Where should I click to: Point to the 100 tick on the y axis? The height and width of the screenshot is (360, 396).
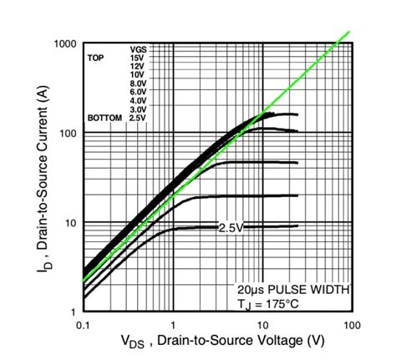tap(66, 134)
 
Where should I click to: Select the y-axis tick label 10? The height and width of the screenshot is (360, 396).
tap(69, 223)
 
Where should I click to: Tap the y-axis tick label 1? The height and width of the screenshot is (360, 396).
tap(73, 312)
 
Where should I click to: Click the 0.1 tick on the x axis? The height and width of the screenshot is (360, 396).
tap(84, 322)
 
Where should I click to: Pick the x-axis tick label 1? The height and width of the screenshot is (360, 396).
tap(173, 322)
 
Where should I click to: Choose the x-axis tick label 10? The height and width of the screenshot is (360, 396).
tap(261, 322)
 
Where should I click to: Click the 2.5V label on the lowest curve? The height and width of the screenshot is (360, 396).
tap(230, 227)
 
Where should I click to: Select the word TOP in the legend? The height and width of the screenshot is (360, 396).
tap(97, 58)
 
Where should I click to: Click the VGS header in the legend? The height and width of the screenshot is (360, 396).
tap(138, 50)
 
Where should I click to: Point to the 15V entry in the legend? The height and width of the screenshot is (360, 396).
tap(138, 58)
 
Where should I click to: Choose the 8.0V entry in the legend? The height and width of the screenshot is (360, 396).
tap(138, 84)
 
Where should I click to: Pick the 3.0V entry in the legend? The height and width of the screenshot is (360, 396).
tap(138, 109)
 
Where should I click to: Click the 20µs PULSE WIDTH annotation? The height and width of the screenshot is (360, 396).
tap(292, 289)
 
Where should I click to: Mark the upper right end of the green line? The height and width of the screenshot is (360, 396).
tap(348, 33)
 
